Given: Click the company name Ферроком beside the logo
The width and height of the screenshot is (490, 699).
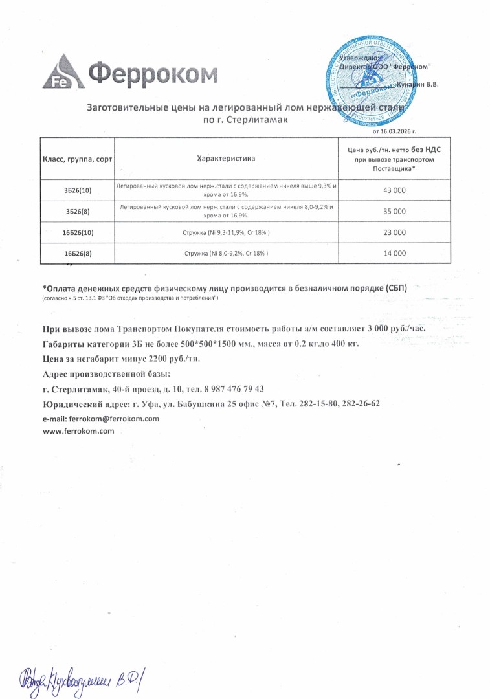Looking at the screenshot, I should [x=153, y=74].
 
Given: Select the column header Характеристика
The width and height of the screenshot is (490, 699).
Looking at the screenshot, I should [x=226, y=159].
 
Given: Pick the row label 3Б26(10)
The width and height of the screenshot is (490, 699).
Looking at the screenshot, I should [x=78, y=190].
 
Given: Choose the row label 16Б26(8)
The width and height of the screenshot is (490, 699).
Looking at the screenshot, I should [x=78, y=254].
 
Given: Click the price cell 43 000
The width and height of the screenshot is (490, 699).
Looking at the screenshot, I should [x=395, y=190].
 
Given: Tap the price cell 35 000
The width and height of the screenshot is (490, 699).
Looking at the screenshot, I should [x=395, y=212].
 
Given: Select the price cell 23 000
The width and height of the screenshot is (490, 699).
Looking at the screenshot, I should [x=395, y=232].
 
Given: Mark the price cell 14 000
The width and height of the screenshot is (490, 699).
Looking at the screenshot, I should [x=395, y=254].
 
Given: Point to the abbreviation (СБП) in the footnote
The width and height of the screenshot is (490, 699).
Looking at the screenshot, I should [x=392, y=288].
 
